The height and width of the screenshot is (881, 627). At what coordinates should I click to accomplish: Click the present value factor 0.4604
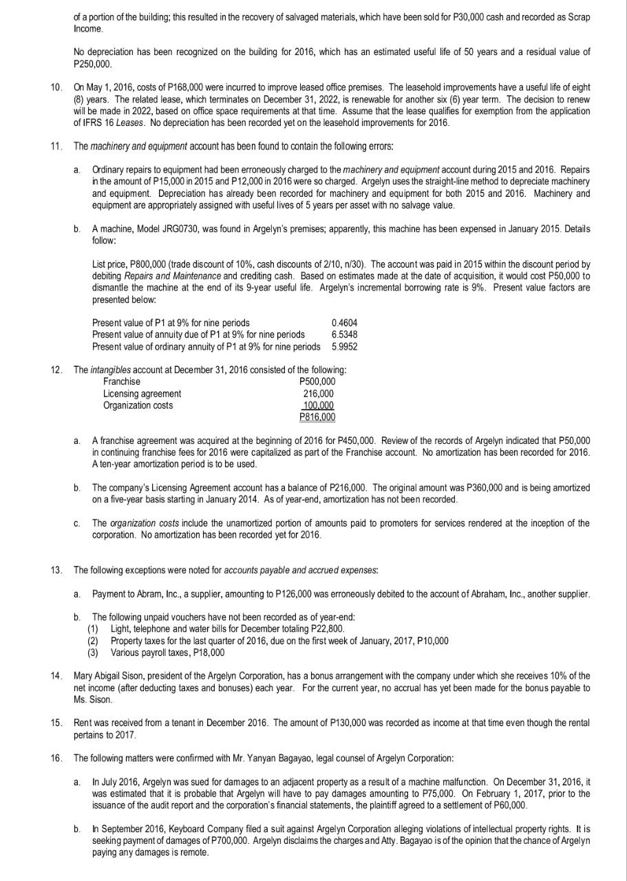pyautogui.click(x=344, y=323)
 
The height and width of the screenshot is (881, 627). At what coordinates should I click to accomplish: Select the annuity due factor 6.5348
pyautogui.click(x=344, y=335)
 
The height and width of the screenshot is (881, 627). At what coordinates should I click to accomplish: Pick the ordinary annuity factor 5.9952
pyautogui.click(x=344, y=346)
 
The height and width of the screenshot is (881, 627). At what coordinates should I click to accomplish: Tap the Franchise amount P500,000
pyautogui.click(x=318, y=382)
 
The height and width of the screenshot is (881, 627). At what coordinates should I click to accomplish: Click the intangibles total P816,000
pyautogui.click(x=318, y=417)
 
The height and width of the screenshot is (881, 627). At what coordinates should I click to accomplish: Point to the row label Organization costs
pyautogui.click(x=138, y=405)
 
